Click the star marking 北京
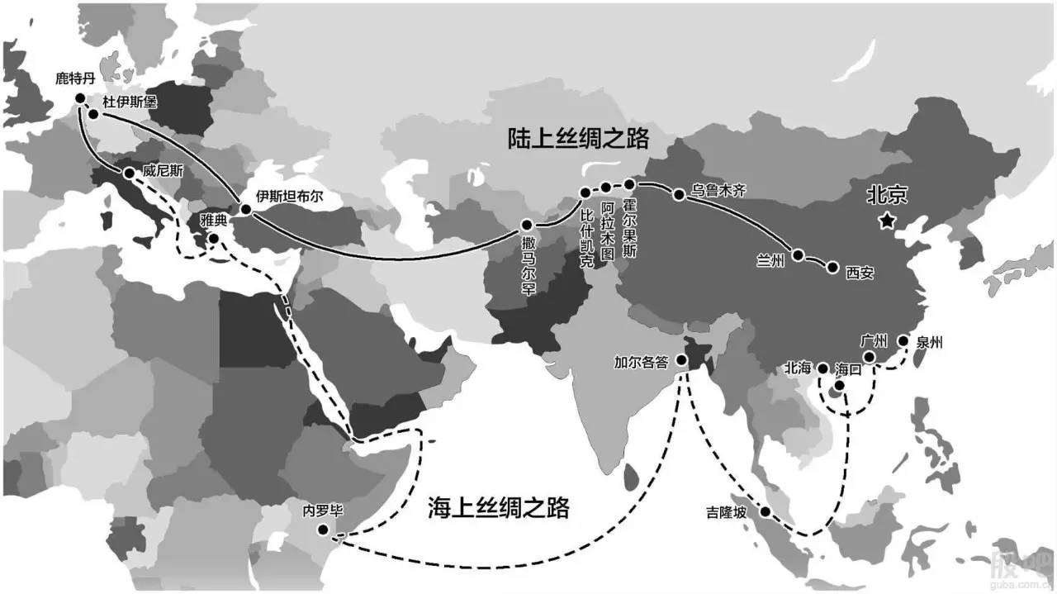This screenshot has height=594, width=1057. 887,220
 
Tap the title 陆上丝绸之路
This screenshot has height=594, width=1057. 579,138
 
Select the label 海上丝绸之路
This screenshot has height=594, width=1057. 499,506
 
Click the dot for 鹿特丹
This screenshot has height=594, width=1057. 80,98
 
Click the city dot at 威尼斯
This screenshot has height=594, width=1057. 130,173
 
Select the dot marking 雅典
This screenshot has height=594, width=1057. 213,240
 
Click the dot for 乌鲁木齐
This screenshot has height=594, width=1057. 678,196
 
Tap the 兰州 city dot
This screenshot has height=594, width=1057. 798,254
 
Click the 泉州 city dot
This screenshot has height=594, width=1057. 903,340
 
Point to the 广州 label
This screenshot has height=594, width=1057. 873,340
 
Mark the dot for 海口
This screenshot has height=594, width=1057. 840,386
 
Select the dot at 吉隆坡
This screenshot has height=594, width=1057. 765,512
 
